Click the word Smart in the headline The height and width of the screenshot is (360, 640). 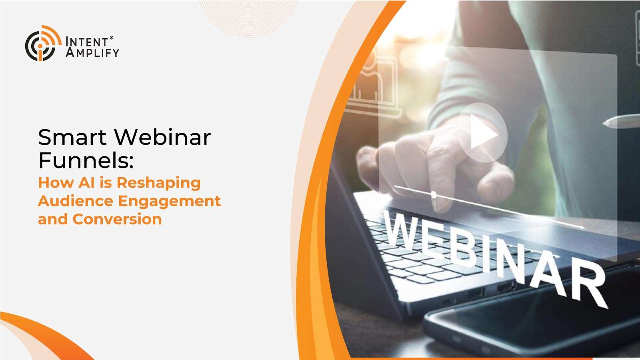[72, 138]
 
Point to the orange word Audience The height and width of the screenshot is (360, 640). [76, 201]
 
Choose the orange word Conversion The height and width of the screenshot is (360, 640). [117, 220]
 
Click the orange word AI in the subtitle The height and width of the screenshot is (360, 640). [86, 182]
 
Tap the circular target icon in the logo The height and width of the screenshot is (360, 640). [43, 44]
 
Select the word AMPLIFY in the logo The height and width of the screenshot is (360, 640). [92, 52]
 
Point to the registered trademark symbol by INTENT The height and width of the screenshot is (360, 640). [112, 38]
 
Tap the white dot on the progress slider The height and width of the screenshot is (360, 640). [434, 195]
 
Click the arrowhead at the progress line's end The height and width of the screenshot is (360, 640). [582, 228]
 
